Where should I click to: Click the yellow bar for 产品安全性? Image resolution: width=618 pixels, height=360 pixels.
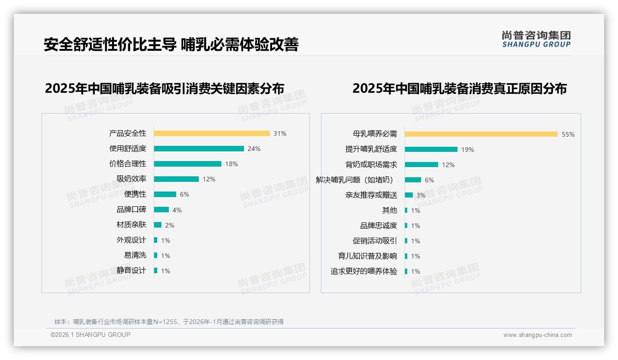click(x=212, y=133)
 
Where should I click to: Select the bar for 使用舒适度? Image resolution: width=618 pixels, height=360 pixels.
click(x=199, y=149)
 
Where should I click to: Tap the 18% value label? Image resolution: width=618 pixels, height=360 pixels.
click(x=232, y=164)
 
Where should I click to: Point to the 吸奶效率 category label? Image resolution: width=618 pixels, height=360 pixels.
click(x=131, y=179)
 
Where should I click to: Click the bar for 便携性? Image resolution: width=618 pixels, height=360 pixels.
click(x=165, y=194)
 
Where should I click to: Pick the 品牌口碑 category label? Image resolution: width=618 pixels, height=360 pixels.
click(x=131, y=210)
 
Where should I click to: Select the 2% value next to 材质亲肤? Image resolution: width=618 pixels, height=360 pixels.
click(x=170, y=225)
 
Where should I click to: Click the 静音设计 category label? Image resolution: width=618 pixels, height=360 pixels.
click(x=131, y=270)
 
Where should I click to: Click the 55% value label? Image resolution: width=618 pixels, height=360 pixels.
click(x=568, y=134)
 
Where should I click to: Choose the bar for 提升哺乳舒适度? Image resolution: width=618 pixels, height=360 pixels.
click(x=431, y=150)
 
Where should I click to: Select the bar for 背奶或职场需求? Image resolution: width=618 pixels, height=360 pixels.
click(x=422, y=165)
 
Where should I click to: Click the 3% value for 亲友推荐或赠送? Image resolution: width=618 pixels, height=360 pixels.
click(x=421, y=195)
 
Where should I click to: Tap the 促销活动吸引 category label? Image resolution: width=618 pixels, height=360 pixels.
click(x=375, y=241)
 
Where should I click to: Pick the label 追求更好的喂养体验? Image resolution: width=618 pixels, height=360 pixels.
click(x=364, y=271)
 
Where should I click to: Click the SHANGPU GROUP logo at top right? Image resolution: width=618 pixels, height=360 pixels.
click(x=536, y=39)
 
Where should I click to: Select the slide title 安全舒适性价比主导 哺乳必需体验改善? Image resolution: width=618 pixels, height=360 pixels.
click(x=171, y=44)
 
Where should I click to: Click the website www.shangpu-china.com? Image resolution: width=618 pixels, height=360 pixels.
click(x=537, y=335)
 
